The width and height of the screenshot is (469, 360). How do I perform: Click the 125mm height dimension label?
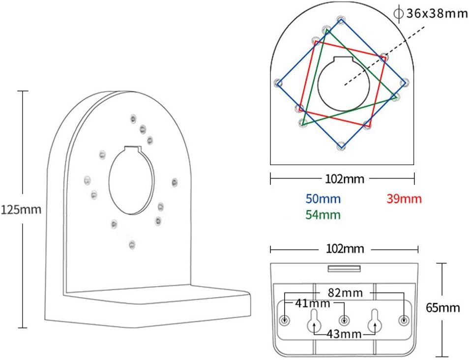tap(21, 210)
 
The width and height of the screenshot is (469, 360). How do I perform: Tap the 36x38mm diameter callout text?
tap(437, 14)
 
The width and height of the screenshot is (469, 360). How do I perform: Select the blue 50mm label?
tap(322, 199)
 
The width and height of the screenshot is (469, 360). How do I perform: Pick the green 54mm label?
tap(322, 215)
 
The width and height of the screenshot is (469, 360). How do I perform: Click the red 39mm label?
tap(404, 199)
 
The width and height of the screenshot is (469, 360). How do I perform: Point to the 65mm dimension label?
tap(443, 308)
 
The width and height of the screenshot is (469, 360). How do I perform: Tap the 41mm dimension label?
tap(313, 303)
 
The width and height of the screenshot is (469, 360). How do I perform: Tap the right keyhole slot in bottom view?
tap(375, 320)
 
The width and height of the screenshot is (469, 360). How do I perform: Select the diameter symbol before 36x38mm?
tap(399, 14)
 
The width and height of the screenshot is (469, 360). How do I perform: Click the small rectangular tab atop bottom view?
tap(344, 269)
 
